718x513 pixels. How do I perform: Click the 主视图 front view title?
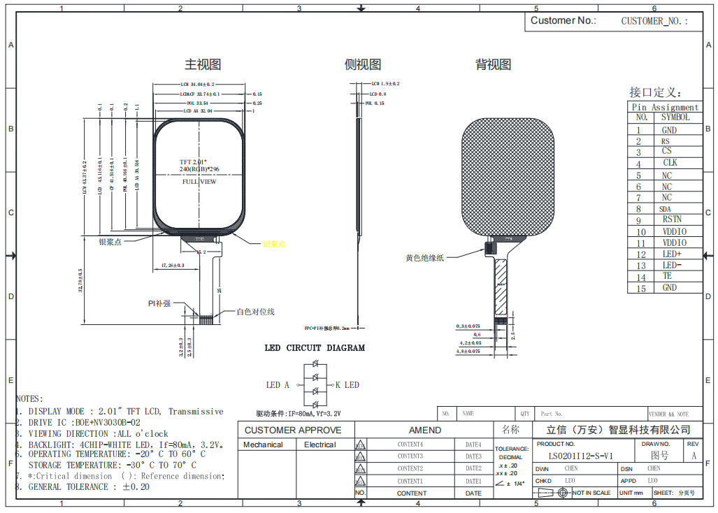coord(203,65)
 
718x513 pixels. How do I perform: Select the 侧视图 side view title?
coord(363,65)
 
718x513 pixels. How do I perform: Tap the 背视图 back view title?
coord(493,65)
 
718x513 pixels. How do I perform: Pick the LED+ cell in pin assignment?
coord(671,254)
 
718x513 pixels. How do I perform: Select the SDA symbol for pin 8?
coord(665,209)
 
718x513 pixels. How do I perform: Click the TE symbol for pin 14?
coord(667,276)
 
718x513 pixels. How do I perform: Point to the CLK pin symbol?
coord(669,163)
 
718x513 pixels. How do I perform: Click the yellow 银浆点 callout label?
coord(274,244)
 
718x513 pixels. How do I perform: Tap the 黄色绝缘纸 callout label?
coord(424,258)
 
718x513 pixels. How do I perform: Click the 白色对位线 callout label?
coord(255,312)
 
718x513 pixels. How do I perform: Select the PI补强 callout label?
coord(159,303)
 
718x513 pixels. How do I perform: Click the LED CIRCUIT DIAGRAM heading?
coord(314,348)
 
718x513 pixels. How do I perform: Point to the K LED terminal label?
coord(347,385)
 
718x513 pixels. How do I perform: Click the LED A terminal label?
coord(278,385)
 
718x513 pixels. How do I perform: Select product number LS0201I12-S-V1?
coord(580,456)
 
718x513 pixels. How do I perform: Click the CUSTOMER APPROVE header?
coord(293,430)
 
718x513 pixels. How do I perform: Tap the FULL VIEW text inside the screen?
coord(199,182)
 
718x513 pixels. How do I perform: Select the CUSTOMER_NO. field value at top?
coord(654,21)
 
